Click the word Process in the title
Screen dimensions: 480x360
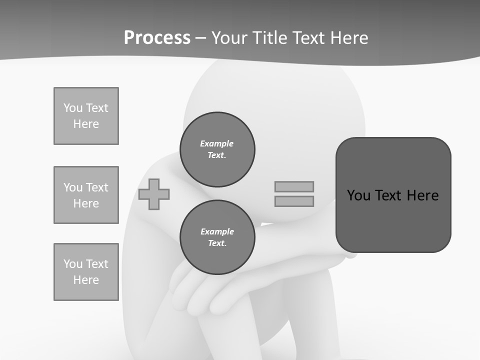click(157, 38)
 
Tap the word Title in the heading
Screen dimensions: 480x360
click(268, 38)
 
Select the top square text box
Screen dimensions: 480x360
click(86, 116)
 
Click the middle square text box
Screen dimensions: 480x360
click(86, 195)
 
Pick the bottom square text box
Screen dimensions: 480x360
click(86, 272)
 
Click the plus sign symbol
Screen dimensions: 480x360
click(154, 194)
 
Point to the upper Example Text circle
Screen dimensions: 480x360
click(217, 149)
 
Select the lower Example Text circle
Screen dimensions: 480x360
click(217, 237)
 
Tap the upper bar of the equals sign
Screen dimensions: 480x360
click(294, 186)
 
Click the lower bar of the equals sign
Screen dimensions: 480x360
click(294, 201)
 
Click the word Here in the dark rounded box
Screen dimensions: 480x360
click(422, 195)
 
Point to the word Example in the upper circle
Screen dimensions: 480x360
click(217, 143)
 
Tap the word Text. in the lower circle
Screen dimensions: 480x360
click(217, 243)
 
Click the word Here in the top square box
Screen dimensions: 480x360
click(86, 124)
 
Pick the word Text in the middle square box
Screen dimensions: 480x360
click(96, 187)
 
